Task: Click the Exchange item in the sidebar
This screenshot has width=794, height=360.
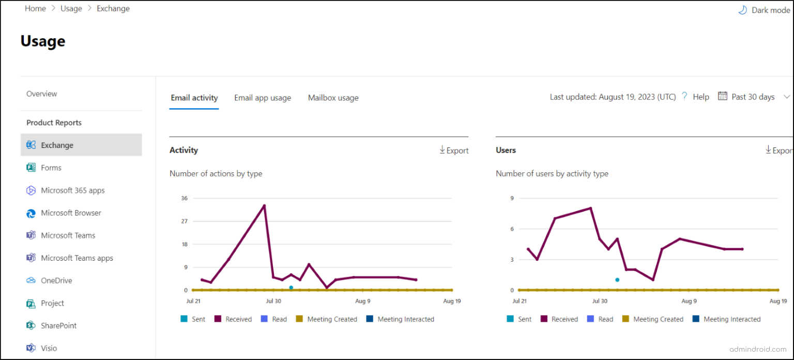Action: (57, 145)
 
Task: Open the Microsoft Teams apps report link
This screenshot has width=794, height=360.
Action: (77, 258)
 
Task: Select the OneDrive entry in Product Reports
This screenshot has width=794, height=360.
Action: (56, 281)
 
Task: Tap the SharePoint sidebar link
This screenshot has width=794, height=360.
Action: (58, 326)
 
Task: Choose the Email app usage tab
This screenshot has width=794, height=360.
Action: (263, 98)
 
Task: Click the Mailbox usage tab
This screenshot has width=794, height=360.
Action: (333, 98)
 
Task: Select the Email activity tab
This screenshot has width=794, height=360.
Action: (194, 98)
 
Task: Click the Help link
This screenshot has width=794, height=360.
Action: (700, 97)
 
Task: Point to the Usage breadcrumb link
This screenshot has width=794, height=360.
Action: (71, 9)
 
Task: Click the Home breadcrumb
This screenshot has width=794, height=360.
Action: (35, 9)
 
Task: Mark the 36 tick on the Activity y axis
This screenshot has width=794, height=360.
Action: (184, 198)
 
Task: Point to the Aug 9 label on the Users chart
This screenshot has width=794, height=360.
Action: (689, 301)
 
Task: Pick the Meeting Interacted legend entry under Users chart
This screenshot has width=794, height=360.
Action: (731, 319)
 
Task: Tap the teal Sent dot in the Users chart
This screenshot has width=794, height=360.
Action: (617, 280)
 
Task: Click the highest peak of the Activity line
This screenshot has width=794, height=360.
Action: (264, 205)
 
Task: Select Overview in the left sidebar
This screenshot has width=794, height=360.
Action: (42, 94)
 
